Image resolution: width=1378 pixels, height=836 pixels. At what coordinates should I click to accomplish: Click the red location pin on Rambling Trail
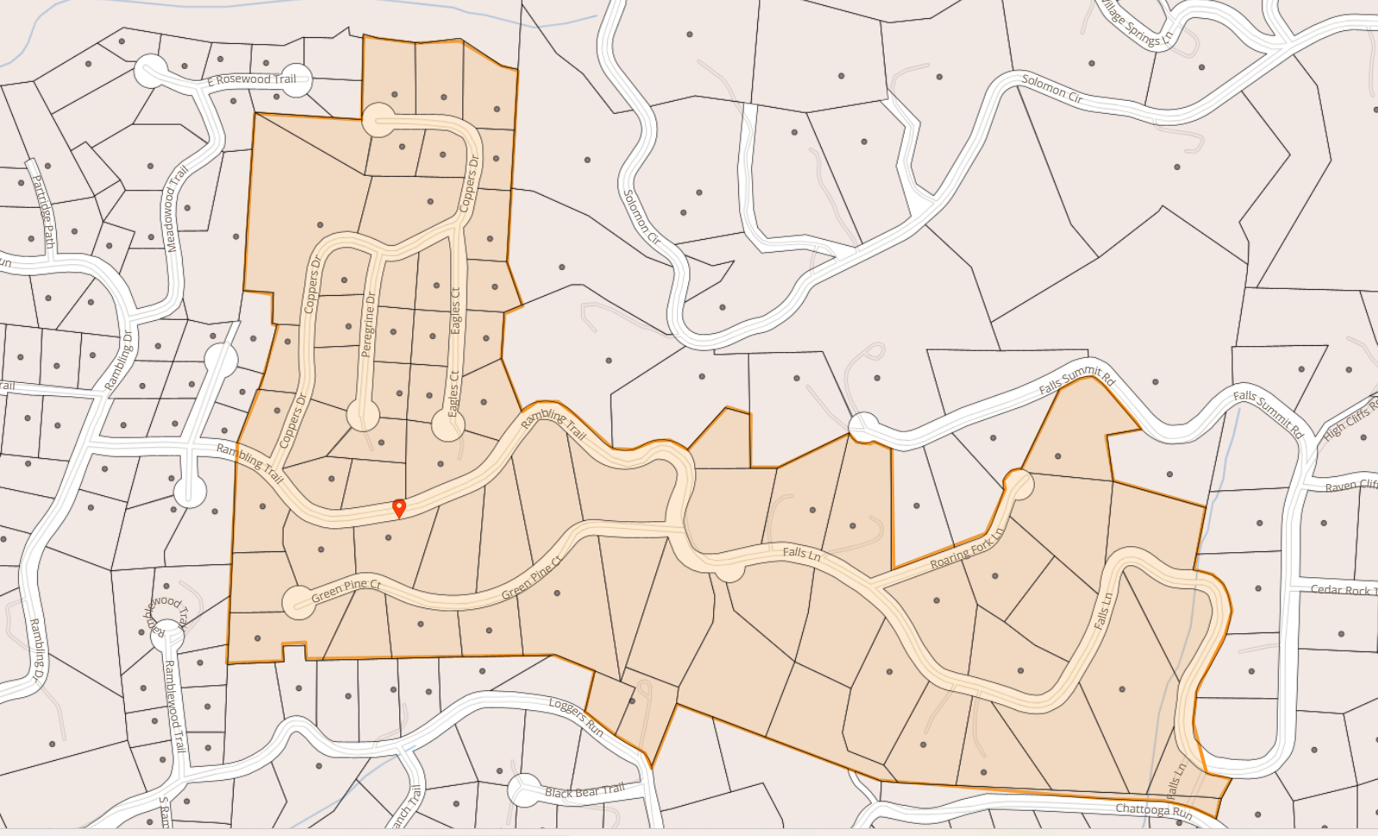click(x=398, y=507)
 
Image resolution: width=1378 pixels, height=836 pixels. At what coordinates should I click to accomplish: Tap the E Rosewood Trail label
click(x=252, y=79)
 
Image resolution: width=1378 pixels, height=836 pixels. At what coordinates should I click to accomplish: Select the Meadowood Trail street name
click(x=177, y=209)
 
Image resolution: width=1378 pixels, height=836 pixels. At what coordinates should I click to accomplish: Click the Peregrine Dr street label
click(x=369, y=324)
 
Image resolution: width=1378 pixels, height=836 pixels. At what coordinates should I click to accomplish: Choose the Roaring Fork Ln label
click(x=968, y=549)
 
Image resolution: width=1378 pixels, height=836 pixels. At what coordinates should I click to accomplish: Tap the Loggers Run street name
click(x=576, y=716)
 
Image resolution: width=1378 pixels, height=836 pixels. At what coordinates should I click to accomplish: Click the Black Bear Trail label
click(x=585, y=791)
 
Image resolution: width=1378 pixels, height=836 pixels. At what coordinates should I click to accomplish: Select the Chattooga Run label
click(x=1154, y=810)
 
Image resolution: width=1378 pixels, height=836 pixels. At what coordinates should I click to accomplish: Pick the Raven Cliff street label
click(x=1350, y=486)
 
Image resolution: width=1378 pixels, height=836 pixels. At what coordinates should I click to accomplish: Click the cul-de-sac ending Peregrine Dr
click(x=363, y=415)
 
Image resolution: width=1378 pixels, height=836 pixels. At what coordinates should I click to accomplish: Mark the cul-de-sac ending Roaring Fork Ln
click(x=1018, y=484)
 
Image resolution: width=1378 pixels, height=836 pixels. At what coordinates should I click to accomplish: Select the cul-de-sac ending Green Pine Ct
click(x=299, y=600)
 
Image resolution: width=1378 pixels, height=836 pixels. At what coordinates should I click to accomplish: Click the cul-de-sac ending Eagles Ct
click(x=448, y=424)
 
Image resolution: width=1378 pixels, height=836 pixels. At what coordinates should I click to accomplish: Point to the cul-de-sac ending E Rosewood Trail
click(x=152, y=71)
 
